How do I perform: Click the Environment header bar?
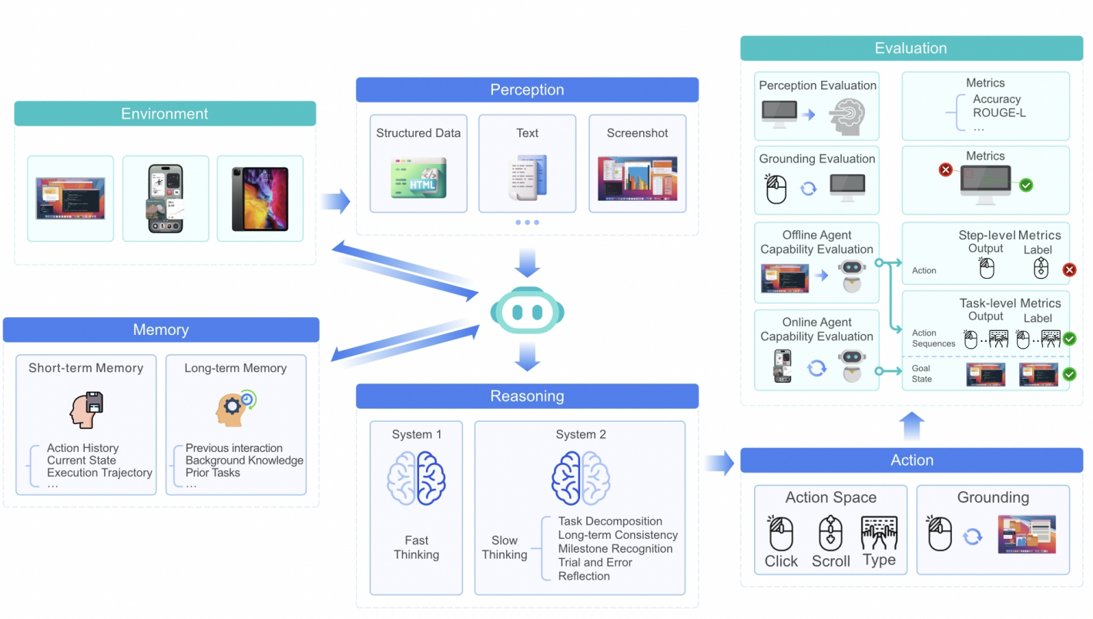click(x=165, y=114)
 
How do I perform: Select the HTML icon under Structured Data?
click(x=418, y=178)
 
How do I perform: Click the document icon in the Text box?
click(x=528, y=178)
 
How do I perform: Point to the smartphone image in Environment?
click(x=166, y=199)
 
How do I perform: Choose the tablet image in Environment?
click(x=260, y=199)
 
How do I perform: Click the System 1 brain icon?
click(x=416, y=478)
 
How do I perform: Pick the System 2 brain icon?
click(x=581, y=478)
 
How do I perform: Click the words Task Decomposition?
click(x=610, y=521)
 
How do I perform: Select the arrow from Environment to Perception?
click(x=335, y=202)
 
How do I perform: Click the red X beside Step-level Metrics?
click(x=1069, y=270)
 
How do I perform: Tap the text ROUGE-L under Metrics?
click(x=999, y=112)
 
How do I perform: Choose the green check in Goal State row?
click(x=1069, y=375)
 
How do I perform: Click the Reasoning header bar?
click(x=527, y=396)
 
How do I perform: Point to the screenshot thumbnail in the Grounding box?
click(x=1026, y=534)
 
